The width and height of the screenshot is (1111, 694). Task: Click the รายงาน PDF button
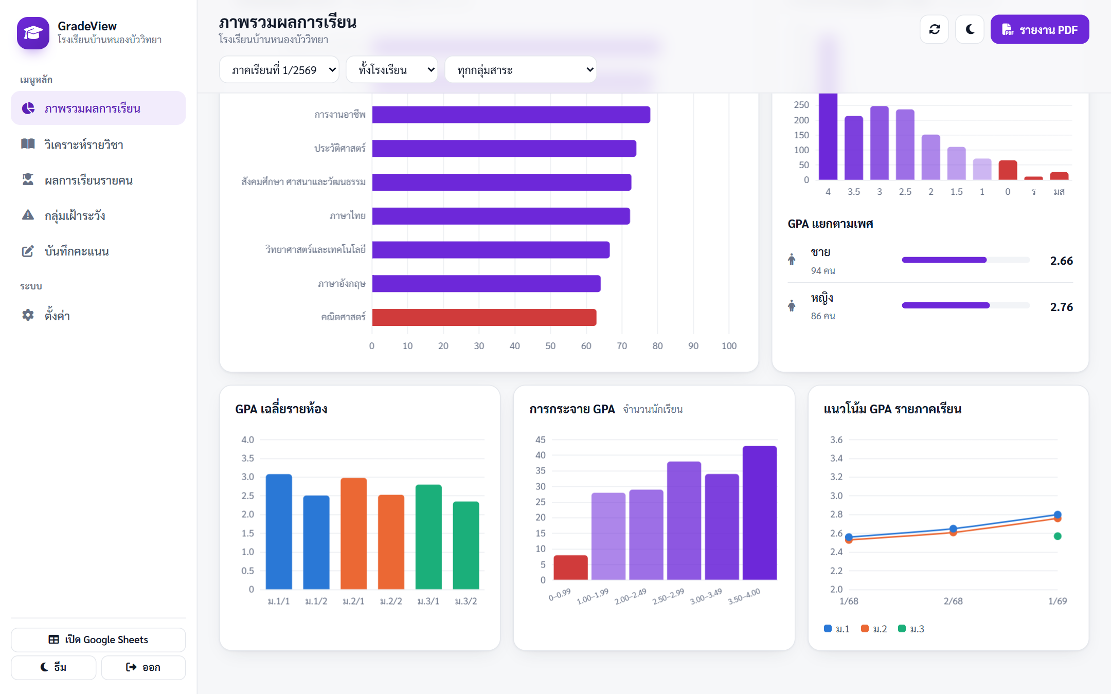coord(1040,30)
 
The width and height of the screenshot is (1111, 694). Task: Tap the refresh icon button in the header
coord(934,30)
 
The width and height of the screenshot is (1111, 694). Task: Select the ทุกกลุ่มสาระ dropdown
coord(521,70)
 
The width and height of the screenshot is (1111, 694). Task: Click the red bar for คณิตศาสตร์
coord(484,317)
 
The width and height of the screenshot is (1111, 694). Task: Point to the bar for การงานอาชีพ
coord(511,115)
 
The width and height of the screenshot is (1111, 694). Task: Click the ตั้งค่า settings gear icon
coord(28,315)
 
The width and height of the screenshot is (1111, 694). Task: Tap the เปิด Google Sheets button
coord(98,640)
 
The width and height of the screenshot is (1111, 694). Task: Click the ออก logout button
coord(144,667)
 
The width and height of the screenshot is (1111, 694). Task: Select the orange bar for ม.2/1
coord(354,533)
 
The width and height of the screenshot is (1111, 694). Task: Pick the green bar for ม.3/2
coord(466,545)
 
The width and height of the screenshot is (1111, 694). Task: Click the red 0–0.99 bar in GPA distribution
coord(571,568)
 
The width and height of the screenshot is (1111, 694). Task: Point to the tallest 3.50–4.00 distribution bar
coord(760,513)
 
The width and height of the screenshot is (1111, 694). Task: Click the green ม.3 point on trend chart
coord(1058,536)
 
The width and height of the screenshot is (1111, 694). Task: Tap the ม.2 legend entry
coord(874,629)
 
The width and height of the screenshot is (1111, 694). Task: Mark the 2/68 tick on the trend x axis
coord(953,601)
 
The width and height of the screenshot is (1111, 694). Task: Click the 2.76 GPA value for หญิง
coord(1062,307)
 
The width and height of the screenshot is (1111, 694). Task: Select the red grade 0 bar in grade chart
coord(1008,170)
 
